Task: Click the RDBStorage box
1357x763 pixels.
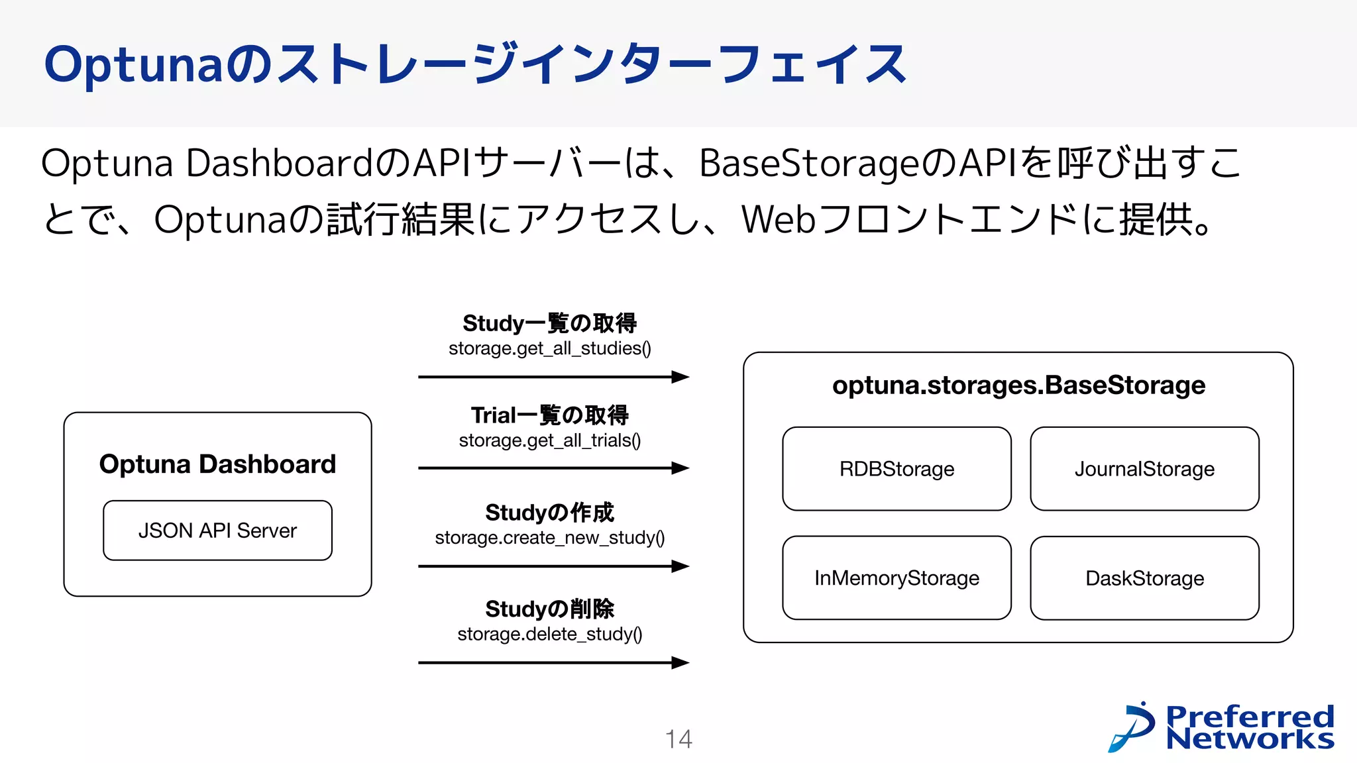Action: click(x=896, y=469)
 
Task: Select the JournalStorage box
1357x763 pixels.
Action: click(x=1144, y=469)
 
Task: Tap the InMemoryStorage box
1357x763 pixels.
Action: click(x=896, y=578)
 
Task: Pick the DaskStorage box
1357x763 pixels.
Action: click(x=1144, y=578)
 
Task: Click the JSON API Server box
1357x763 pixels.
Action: click(x=217, y=531)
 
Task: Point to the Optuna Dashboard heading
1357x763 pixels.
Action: click(x=217, y=464)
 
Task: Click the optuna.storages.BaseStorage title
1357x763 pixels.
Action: click(x=1018, y=385)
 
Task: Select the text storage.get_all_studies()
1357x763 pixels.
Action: click(x=549, y=348)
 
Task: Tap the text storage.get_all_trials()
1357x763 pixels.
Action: click(x=549, y=440)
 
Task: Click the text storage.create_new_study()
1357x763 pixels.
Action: click(x=549, y=538)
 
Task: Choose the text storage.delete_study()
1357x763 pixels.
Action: click(x=549, y=634)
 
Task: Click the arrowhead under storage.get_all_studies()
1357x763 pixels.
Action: click(x=680, y=377)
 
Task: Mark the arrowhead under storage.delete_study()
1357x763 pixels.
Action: click(x=680, y=662)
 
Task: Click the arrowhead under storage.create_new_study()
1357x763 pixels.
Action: click(x=680, y=566)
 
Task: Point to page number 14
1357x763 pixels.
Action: click(x=678, y=739)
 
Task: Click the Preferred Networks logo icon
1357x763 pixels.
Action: click(x=1132, y=727)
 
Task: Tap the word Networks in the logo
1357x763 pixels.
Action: click(x=1249, y=739)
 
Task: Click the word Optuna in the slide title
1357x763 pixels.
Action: click(x=133, y=65)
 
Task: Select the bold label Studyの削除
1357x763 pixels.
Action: click(x=549, y=609)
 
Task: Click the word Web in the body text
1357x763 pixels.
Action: click(x=778, y=219)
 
